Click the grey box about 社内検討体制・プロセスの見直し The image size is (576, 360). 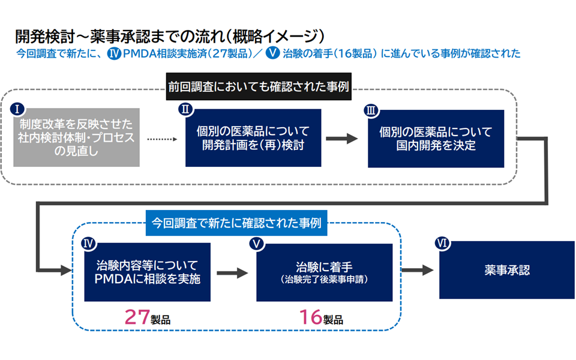(76, 137)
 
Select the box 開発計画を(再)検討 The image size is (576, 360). (253, 138)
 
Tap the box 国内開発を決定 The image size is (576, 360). (436, 139)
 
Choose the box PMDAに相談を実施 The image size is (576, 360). (148, 272)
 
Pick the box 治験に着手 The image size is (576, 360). (325, 272)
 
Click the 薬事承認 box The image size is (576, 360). (507, 270)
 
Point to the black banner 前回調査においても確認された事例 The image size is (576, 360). (259, 86)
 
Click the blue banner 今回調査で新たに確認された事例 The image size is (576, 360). (236, 223)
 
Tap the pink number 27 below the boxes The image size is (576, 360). (137, 317)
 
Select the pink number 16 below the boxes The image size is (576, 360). (311, 317)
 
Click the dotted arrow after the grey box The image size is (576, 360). (162, 139)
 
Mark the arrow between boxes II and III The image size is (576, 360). (341, 139)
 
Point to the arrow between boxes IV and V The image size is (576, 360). (232, 273)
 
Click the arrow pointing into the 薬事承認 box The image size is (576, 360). (418, 270)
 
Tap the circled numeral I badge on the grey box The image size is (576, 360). (17, 109)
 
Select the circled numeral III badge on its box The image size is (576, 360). (371, 110)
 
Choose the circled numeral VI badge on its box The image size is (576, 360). (442, 243)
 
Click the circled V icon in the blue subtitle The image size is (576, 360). (272, 53)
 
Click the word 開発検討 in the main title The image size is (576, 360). (45, 37)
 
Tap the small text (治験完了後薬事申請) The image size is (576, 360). (325, 280)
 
